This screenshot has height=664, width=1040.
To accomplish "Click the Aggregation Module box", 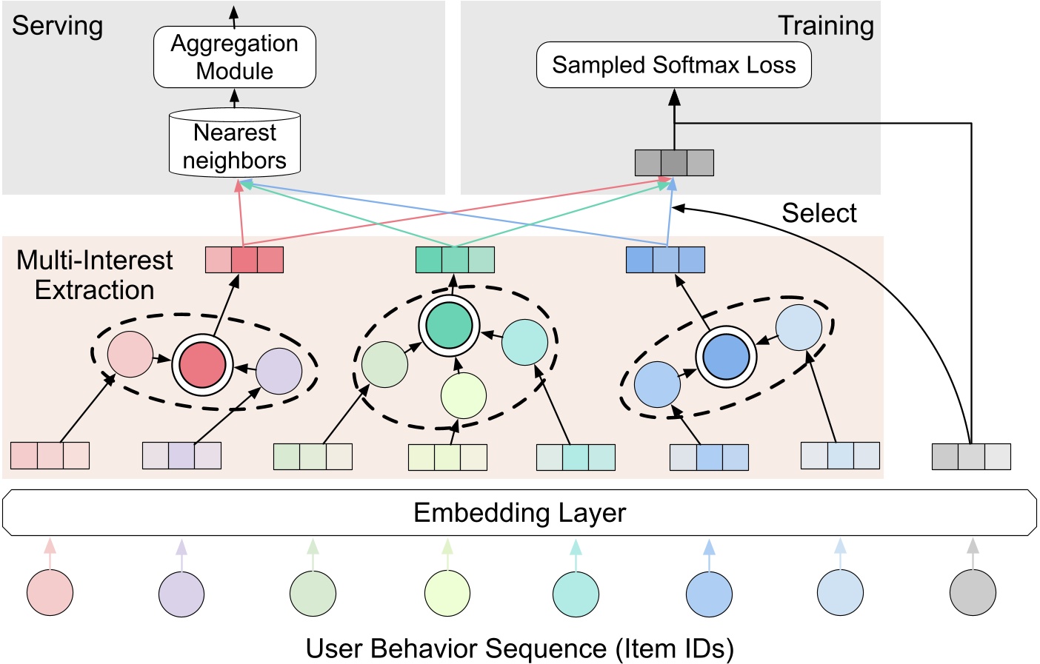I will (235, 57).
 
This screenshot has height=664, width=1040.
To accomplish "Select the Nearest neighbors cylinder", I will (235, 145).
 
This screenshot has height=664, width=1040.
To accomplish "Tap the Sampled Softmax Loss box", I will (673, 65).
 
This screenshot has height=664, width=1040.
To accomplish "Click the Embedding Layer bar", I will (519, 512).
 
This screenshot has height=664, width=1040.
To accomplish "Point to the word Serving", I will (57, 26).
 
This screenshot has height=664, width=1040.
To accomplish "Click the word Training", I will (825, 26).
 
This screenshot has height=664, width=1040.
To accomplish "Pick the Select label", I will (819, 213).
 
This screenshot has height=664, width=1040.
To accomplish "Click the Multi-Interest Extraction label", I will (94, 275).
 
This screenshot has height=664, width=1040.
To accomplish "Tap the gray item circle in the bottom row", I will (973, 593).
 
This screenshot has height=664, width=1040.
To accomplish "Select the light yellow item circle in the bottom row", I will (447, 593).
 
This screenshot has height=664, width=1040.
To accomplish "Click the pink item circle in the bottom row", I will (50, 593).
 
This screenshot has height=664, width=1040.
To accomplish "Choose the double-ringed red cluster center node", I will (202, 365).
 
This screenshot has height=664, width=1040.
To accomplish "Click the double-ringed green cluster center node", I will (449, 326).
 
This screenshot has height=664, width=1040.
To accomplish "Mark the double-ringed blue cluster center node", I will (726, 357).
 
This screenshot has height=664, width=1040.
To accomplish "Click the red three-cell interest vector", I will (244, 260).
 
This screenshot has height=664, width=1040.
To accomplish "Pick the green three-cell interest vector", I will (455, 260).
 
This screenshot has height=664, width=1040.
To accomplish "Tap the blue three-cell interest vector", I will (665, 260).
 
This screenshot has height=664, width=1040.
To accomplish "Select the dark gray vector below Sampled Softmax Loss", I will (674, 163).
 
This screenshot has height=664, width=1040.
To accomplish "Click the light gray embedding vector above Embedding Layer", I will (971, 456).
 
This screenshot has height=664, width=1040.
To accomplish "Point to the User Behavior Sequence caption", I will (519, 648).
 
